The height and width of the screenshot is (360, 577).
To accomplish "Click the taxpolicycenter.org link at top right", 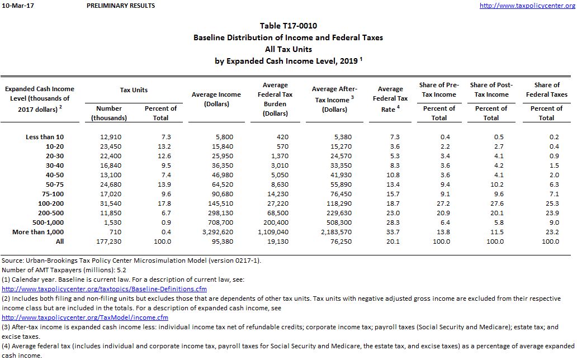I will pyautogui.click(x=527, y=6).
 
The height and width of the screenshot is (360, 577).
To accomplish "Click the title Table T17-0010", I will pyautogui.click(x=288, y=26).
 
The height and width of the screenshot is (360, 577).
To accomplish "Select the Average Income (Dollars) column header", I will pyautogui.click(x=216, y=100).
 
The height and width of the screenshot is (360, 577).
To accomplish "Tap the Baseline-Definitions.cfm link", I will pyautogui.click(x=105, y=289).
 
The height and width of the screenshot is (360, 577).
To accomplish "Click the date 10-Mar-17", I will pyautogui.click(x=16, y=6).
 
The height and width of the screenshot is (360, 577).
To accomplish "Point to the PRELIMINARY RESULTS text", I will pyautogui.click(x=121, y=6).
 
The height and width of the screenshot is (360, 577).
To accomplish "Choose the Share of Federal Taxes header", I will pyautogui.click(x=546, y=89).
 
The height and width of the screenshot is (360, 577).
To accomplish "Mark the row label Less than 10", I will pyautogui.click(x=45, y=137).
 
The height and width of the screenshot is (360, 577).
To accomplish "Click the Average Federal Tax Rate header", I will pyautogui.click(x=390, y=98).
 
